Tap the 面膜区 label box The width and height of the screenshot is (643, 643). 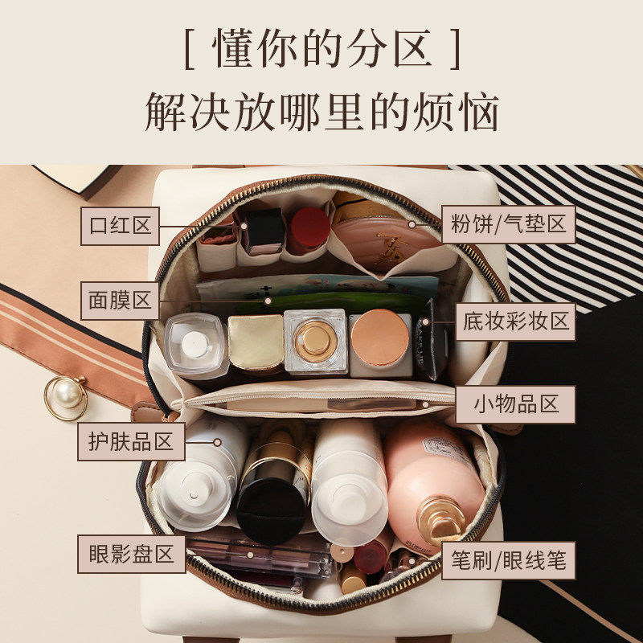coord(121,301)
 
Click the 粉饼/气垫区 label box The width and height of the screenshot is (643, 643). coord(509,224)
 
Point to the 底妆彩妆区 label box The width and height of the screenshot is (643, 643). coord(515,321)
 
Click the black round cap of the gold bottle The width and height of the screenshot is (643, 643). coord(271,507)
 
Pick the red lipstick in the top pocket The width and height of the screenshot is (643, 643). coord(309,228)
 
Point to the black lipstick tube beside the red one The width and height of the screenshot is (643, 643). coord(264,228)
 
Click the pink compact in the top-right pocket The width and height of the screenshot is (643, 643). coord(386,233)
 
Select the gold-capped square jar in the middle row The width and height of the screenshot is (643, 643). coord(255,342)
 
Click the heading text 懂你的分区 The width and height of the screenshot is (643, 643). coord(321,51)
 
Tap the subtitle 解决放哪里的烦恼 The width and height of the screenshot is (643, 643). coord(321,113)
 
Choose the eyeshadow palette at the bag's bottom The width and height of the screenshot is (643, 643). coord(257,555)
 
